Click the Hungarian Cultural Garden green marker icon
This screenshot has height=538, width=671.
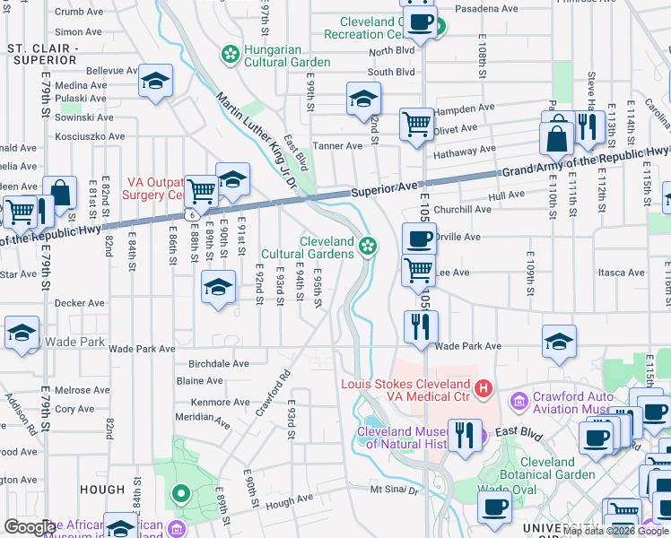pyautogui.click(x=231, y=54)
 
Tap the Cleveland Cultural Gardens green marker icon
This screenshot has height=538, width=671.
pyautogui.click(x=367, y=246)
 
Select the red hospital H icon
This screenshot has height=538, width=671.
pyautogui.click(x=484, y=388)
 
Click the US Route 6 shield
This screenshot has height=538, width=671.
pyautogui.click(x=190, y=215)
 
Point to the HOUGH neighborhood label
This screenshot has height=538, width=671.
pyautogui.click(x=101, y=490)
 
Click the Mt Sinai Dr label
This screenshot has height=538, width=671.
pyautogui.click(x=395, y=490)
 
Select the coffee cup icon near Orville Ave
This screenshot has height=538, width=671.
pyautogui.click(x=418, y=239)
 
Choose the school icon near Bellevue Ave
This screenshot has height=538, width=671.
pyautogui.click(x=155, y=82)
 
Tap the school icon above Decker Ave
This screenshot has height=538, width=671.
pyautogui.click(x=218, y=287)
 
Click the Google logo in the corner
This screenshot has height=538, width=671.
pyautogui.click(x=30, y=527)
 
